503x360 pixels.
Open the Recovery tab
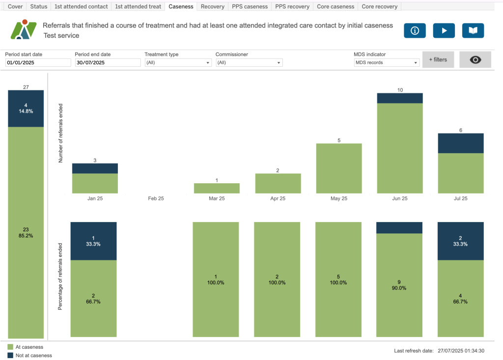[212, 6]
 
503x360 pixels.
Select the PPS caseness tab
[250, 6]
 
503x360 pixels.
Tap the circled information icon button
[415, 30]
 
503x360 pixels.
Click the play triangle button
[444, 30]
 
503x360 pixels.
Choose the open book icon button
[473, 30]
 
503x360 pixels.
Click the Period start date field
[38, 63]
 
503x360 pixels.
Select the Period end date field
[108, 63]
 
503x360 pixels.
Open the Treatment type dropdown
[178, 63]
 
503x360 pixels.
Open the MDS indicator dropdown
[387, 63]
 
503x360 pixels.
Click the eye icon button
[475, 59]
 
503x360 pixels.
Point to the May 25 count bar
[339, 168]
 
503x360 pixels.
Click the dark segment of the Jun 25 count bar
[400, 98]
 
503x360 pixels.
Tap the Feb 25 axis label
[156, 198]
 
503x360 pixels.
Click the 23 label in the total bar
[26, 229]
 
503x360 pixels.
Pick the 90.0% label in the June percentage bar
[399, 288]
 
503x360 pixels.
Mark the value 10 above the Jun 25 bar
[400, 90]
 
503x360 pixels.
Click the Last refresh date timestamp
[461, 351]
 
